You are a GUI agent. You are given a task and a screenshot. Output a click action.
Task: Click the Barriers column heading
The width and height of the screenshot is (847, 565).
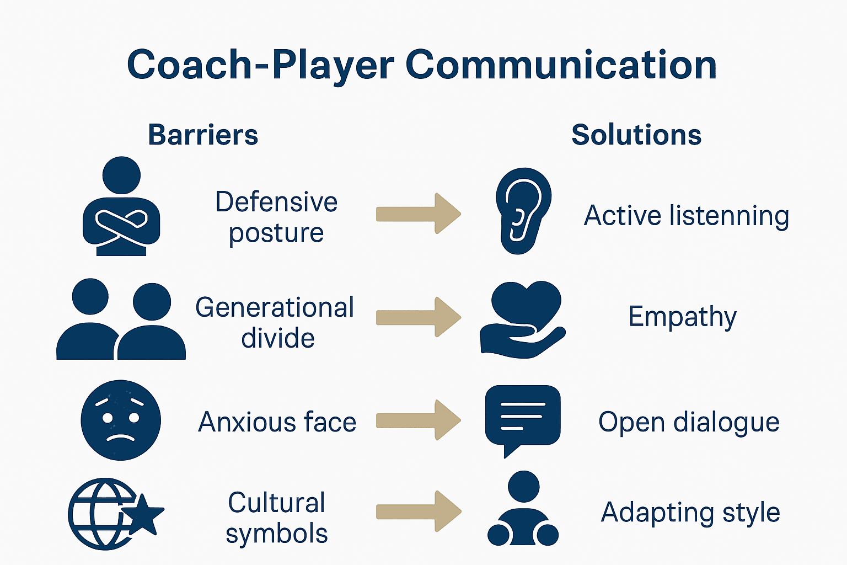coord(203,135)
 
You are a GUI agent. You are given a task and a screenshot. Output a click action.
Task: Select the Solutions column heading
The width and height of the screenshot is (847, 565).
coord(636,135)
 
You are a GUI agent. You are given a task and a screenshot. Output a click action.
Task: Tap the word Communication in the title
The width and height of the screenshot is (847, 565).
coord(561,65)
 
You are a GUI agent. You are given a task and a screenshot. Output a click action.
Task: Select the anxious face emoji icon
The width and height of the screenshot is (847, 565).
coord(121,420)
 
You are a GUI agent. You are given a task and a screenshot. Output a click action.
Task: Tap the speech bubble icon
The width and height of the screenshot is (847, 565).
coord(522,417)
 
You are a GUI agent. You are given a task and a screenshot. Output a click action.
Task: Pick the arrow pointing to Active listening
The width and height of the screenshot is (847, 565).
coord(418,214)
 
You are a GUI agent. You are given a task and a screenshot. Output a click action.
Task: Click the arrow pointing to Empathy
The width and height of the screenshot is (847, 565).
coord(418,317)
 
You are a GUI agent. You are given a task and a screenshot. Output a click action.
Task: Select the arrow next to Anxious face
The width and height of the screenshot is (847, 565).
coord(418,420)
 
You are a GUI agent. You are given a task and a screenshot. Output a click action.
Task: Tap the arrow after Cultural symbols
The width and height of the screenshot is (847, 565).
coord(418,511)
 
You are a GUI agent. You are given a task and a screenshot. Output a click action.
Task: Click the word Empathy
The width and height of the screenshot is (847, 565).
coord(682,317)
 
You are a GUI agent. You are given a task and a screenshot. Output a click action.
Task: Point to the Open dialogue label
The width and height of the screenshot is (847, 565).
coord(689,423)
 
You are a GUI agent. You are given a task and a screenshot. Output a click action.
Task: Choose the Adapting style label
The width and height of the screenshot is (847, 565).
coord(690,513)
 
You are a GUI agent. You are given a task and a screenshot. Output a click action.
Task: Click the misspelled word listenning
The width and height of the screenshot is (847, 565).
coord(729,216)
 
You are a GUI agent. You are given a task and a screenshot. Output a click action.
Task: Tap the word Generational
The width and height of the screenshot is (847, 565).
coord(275,308)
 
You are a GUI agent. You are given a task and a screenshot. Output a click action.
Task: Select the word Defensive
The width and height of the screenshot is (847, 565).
coord(276,202)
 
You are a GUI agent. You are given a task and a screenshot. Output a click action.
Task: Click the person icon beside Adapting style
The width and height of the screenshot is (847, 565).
coord(523,509)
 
